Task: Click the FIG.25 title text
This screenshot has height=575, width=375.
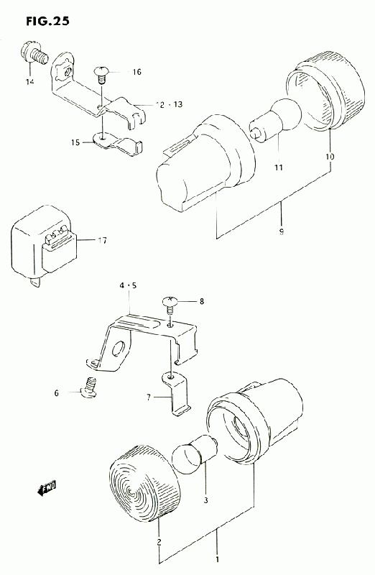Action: click(47, 22)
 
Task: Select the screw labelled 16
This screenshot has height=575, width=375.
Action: click(101, 74)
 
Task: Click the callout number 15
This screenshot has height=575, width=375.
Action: click(75, 142)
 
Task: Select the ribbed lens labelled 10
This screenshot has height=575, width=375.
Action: click(325, 91)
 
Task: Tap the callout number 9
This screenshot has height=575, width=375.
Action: click(282, 231)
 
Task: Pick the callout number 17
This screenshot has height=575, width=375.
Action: click(102, 241)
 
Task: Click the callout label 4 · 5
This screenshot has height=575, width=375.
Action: click(128, 285)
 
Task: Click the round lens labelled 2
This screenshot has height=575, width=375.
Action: click(144, 485)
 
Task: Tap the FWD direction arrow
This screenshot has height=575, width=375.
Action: click(47, 489)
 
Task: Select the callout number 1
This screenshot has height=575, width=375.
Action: click(217, 560)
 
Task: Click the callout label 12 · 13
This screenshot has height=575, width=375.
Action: click(169, 104)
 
